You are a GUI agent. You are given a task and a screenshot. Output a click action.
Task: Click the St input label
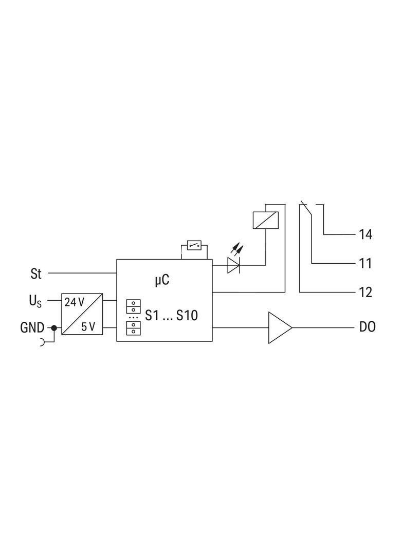(x=36, y=273)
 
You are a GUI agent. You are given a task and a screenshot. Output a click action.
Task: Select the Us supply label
(x=35, y=301)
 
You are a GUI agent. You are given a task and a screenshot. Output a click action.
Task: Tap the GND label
(x=32, y=328)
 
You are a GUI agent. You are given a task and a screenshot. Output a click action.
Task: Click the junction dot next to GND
(x=54, y=328)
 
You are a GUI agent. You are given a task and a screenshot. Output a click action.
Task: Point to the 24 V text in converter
(x=74, y=302)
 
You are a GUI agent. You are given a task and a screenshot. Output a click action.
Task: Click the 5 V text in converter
(x=88, y=327)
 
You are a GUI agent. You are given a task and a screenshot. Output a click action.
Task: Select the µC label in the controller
(x=162, y=280)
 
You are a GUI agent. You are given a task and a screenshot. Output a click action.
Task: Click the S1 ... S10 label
(x=171, y=315)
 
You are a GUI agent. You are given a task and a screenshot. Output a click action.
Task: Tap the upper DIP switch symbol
(x=134, y=306)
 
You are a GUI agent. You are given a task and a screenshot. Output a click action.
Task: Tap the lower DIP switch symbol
(x=134, y=328)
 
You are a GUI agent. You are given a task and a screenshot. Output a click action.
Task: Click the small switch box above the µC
(x=194, y=245)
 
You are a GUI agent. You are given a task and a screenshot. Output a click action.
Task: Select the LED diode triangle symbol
(x=233, y=265)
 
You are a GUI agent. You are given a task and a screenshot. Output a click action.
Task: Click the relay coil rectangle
(x=266, y=220)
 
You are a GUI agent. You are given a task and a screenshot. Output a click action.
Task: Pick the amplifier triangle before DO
(x=280, y=327)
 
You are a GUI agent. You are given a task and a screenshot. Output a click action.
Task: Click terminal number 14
(x=365, y=234)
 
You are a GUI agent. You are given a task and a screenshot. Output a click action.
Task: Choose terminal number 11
(x=365, y=264)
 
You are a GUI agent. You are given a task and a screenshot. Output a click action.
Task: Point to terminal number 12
(x=365, y=292)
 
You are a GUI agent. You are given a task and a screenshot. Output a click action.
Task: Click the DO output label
(x=368, y=327)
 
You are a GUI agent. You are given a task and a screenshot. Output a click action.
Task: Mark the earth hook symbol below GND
(x=43, y=342)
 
